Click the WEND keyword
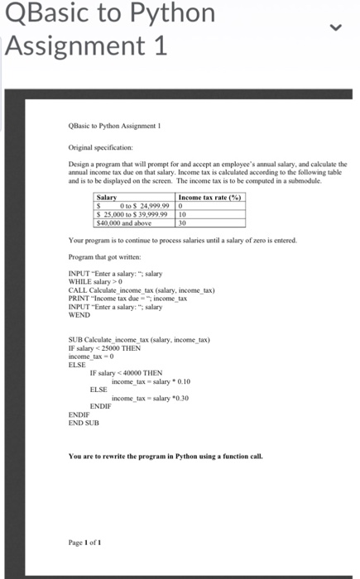point(79,313)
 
